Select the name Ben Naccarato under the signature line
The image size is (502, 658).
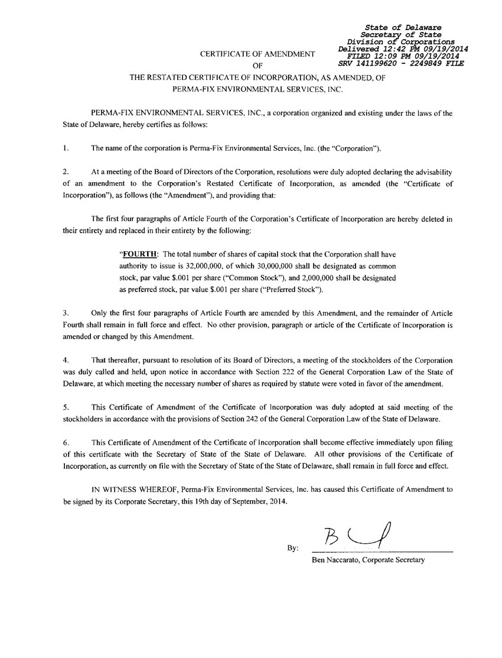point(335,560)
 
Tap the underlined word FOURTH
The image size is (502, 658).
point(139,255)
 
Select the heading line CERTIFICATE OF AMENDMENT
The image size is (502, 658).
point(257,54)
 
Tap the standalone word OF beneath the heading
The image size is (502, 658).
point(257,66)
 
